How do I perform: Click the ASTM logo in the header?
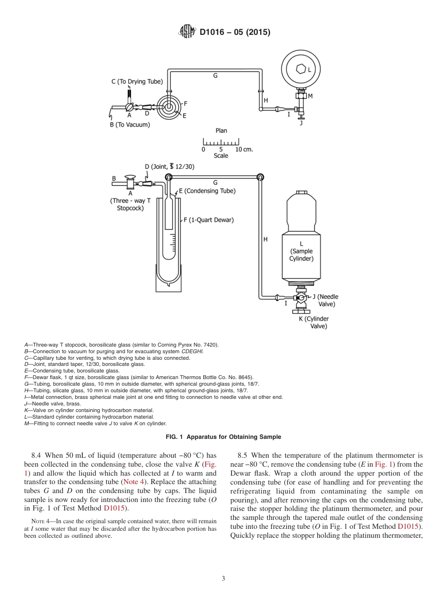(188, 32)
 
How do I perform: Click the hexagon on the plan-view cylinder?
(301, 69)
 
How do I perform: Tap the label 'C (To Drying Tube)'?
(137, 81)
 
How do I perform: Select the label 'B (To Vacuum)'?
(129, 125)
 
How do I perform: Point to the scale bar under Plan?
(221, 142)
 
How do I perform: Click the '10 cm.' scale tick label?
(244, 149)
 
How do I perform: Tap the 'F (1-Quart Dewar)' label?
(208, 220)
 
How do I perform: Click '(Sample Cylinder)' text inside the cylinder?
(301, 255)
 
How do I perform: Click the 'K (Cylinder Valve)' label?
(314, 322)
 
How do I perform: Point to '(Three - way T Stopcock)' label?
(130, 204)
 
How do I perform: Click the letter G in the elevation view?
(215, 182)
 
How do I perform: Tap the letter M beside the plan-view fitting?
(310, 96)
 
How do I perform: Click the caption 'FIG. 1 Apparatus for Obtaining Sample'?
(223, 437)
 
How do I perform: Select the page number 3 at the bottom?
(223, 578)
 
